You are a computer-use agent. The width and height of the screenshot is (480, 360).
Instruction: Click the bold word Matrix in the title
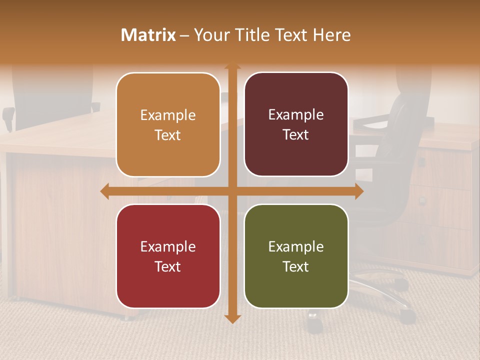point(148,35)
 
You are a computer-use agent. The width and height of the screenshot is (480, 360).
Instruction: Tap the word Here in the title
point(331,35)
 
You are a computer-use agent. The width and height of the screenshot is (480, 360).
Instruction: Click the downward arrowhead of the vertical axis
point(232,318)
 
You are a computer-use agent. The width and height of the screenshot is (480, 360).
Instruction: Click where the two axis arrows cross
point(232,191)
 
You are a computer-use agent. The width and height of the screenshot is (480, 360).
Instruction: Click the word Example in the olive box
point(296,246)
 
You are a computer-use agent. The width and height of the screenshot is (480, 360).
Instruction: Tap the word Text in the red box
point(167,266)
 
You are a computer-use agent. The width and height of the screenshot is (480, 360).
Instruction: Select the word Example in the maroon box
point(296,115)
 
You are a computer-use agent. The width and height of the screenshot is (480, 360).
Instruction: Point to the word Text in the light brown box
point(167,135)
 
